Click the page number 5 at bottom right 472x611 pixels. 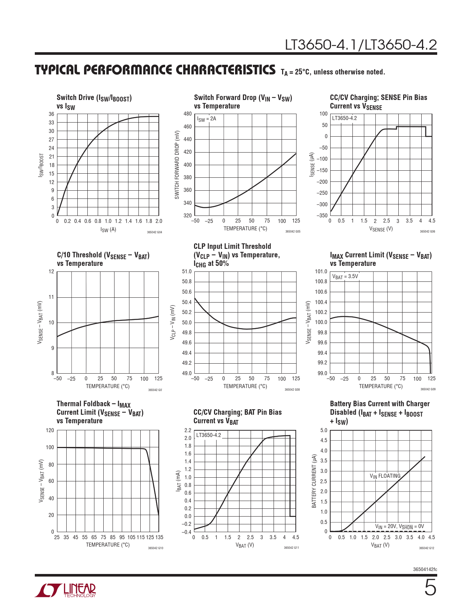(x=430, y=588)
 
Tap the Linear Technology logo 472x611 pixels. (x=66, y=590)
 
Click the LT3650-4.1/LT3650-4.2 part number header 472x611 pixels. (x=361, y=45)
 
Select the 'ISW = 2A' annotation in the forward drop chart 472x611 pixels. (x=207, y=119)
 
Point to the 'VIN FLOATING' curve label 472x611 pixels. (x=385, y=476)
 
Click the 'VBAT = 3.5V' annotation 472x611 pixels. (x=345, y=277)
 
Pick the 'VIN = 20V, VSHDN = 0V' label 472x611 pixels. (x=399, y=526)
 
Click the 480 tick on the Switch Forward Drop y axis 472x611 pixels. (x=188, y=114)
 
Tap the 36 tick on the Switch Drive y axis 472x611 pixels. (x=51, y=114)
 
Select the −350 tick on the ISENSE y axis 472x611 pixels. (x=323, y=216)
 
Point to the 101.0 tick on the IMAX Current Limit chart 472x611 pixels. (x=321, y=271)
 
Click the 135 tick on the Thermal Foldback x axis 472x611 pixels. (x=159, y=537)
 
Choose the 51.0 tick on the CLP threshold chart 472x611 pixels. (x=187, y=271)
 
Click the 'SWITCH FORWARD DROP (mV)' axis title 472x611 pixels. (x=177, y=165)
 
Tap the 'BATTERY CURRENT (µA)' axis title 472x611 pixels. (x=314, y=481)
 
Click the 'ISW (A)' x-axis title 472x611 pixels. (x=108, y=230)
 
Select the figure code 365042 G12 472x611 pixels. (x=426, y=548)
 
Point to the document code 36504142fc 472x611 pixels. (x=425, y=569)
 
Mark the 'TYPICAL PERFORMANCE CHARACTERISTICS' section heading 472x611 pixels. (x=155, y=70)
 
